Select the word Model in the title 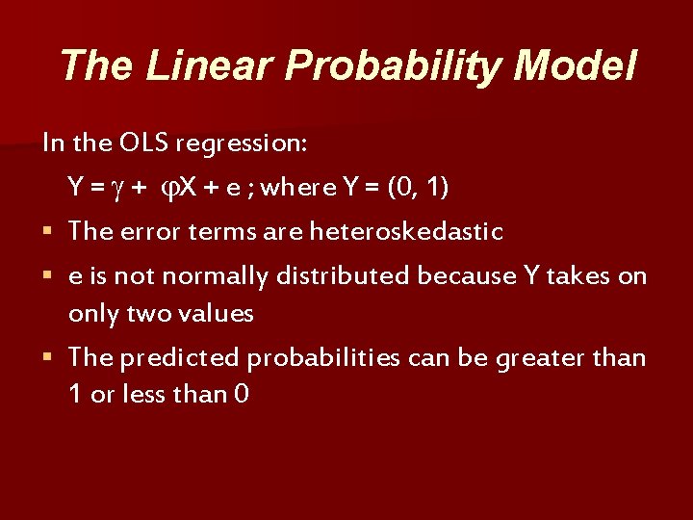click(x=575, y=65)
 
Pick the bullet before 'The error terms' click(x=48, y=232)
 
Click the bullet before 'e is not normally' click(x=48, y=276)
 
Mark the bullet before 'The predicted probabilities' click(x=48, y=358)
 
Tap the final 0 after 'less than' click(x=241, y=395)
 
